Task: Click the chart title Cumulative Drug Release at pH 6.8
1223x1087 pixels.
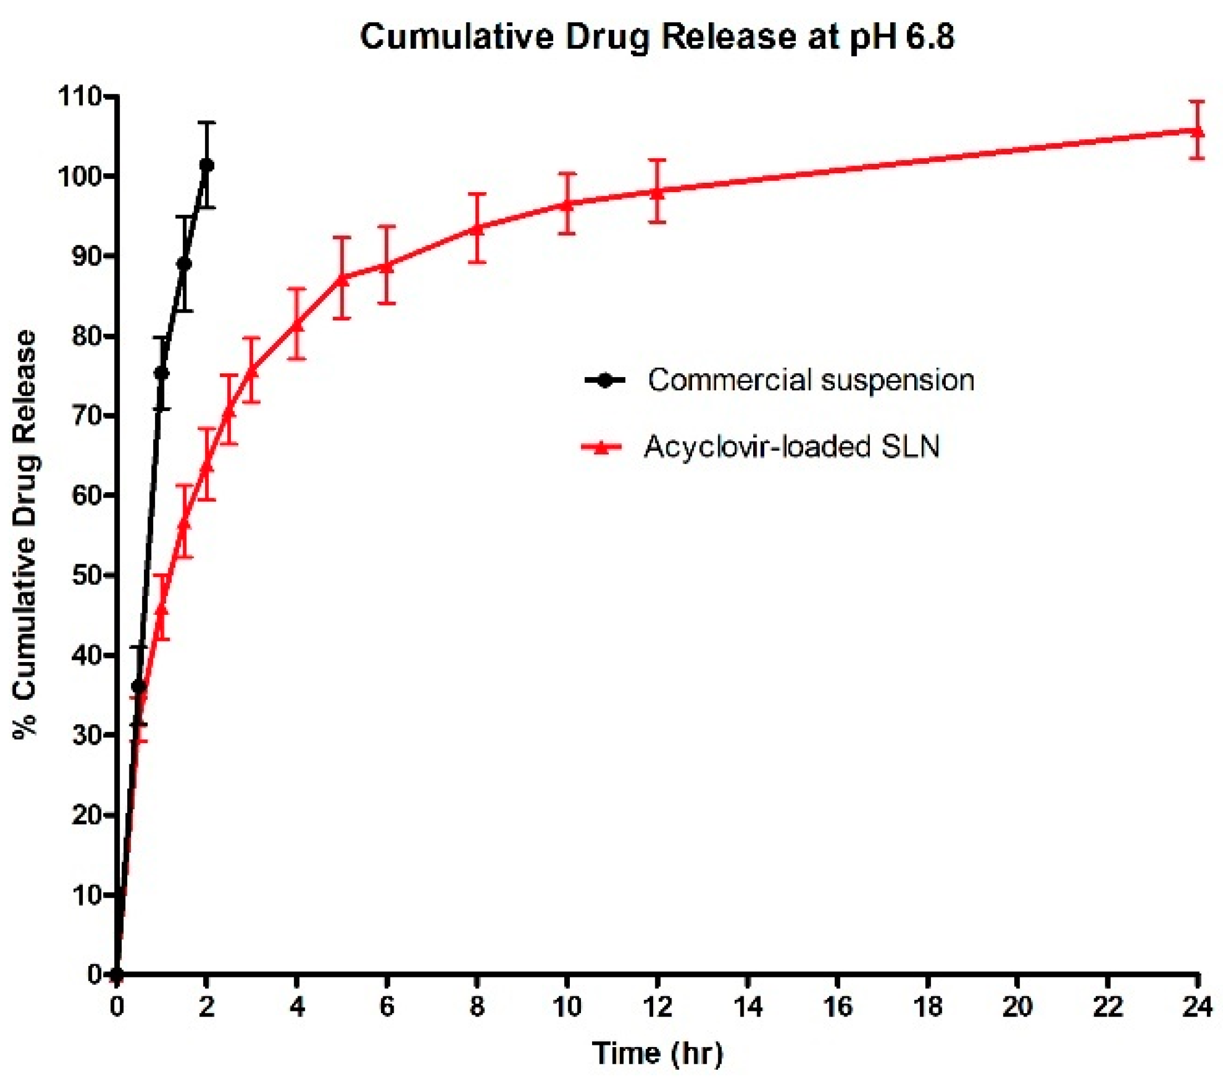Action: [656, 37]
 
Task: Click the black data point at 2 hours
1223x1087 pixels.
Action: [207, 164]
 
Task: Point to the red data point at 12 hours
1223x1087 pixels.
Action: [657, 192]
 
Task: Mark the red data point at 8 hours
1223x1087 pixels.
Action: [477, 228]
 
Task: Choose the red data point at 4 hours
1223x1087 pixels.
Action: [297, 324]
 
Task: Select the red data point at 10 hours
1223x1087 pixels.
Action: [567, 204]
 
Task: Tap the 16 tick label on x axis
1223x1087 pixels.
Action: [837, 1007]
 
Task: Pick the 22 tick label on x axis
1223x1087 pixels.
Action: [1107, 1007]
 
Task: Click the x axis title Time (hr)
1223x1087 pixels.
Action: [658, 1054]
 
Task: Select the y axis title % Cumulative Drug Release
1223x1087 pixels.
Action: [25, 535]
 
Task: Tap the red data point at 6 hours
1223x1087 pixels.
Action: [387, 265]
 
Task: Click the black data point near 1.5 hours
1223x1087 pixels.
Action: [185, 264]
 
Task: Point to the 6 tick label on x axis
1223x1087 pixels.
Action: [387, 1007]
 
